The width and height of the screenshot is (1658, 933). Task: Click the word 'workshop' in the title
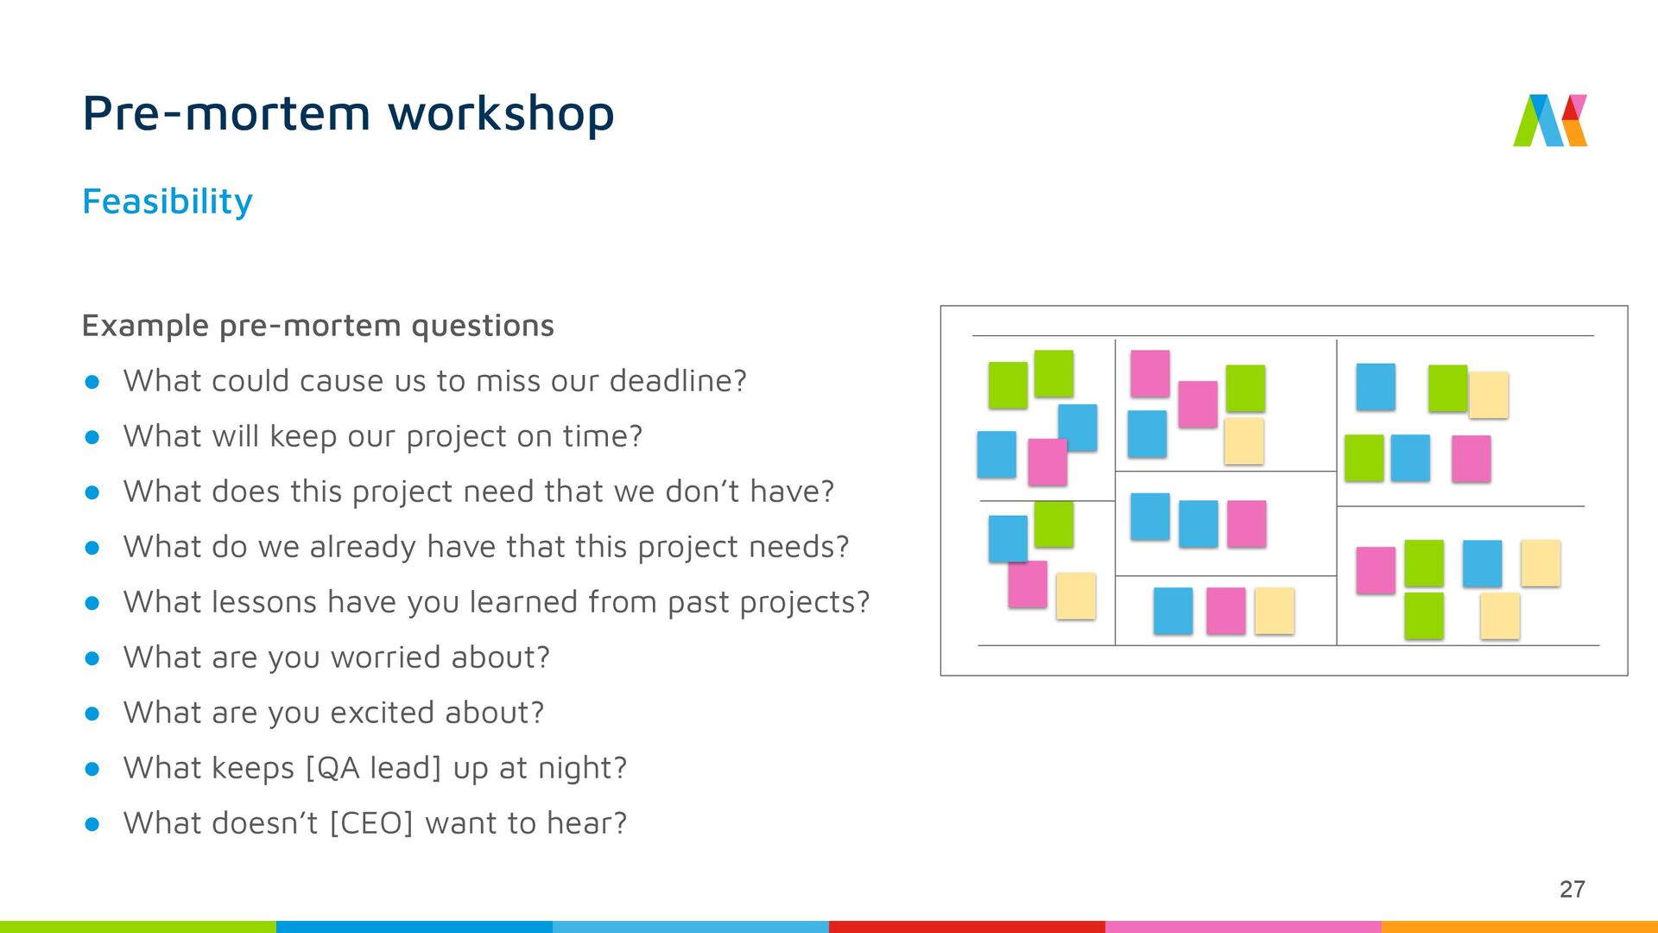coord(501,114)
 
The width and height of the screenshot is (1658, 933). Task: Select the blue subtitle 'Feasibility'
coord(168,202)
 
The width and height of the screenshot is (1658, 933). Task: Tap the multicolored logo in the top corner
coord(1550,120)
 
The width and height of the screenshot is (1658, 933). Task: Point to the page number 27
coord(1573,889)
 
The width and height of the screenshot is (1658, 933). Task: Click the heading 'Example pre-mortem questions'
coord(318,326)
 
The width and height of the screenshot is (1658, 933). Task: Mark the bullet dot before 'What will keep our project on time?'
coord(92,437)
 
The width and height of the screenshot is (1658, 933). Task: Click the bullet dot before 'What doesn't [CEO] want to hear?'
coord(92,824)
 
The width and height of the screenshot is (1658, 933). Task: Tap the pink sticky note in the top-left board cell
coord(1047,462)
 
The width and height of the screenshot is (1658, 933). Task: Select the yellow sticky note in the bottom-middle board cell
coord(1275,611)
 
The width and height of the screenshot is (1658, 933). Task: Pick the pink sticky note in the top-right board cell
coord(1471,459)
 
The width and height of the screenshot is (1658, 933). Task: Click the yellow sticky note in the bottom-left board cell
coord(1076,595)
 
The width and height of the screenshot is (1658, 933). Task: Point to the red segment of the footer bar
coord(967,927)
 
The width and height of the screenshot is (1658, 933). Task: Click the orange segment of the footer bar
coord(1520,927)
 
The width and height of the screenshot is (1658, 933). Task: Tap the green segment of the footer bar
coord(138,927)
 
